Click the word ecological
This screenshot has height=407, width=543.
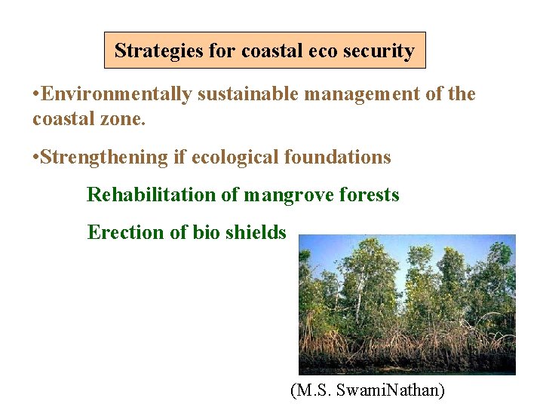click(235, 157)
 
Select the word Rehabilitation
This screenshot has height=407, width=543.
click(152, 194)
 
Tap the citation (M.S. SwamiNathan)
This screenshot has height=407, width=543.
click(367, 390)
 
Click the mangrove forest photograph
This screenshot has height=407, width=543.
click(406, 304)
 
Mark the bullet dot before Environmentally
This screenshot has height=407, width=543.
click(36, 95)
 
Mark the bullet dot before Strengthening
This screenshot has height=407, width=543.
click(36, 158)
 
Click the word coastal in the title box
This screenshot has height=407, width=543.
click(271, 51)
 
